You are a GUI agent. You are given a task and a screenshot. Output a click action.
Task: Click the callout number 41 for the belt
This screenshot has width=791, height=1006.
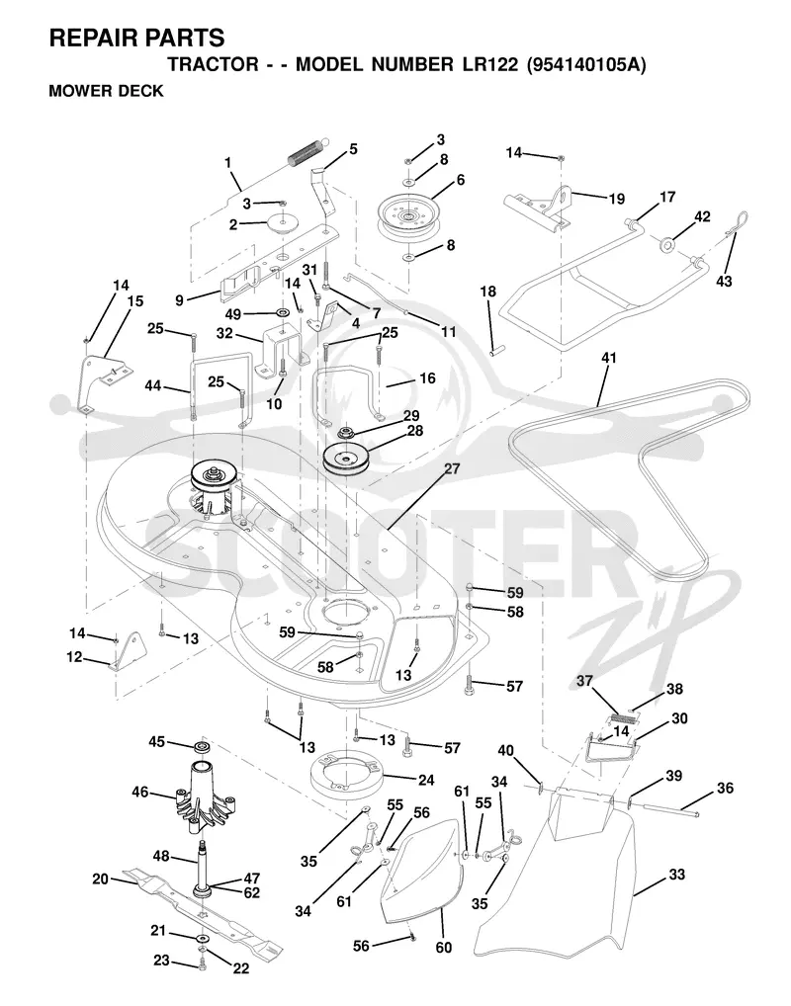point(609,358)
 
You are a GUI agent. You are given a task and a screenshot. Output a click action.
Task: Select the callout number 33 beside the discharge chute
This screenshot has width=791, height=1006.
point(676,874)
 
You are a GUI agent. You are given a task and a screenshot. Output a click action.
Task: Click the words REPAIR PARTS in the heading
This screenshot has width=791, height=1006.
point(136,38)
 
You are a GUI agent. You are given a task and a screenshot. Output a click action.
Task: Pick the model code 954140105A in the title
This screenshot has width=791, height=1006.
point(585,65)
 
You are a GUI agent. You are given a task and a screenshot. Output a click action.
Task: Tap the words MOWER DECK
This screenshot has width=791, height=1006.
point(106,91)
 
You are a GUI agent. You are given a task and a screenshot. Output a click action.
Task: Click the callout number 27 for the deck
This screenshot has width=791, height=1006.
point(452,468)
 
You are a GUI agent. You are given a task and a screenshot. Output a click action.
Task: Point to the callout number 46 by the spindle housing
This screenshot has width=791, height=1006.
point(140,792)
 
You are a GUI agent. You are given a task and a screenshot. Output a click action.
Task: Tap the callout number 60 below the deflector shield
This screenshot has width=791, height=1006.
point(444,947)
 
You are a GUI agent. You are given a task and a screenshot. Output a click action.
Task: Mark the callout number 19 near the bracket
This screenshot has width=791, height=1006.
point(616,199)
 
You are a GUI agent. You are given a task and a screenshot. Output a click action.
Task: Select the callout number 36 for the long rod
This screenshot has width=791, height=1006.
point(725,788)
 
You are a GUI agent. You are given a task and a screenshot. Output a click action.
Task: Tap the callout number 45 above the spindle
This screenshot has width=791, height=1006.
point(156,741)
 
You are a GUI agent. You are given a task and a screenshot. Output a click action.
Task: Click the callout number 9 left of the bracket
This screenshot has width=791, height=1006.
point(179,299)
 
